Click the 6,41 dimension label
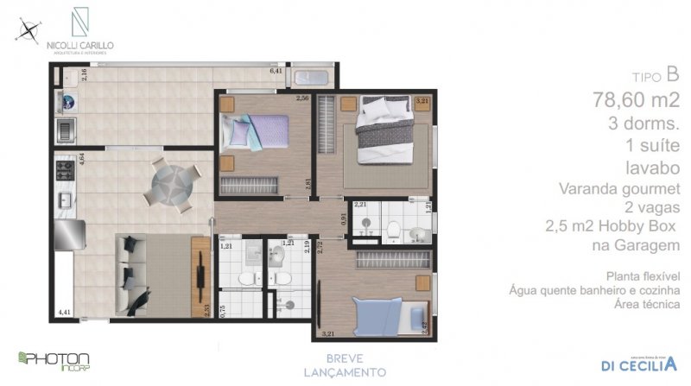[276, 71]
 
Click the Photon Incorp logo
[54, 359]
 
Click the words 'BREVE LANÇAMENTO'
[344, 365]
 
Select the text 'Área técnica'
[646, 305]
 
